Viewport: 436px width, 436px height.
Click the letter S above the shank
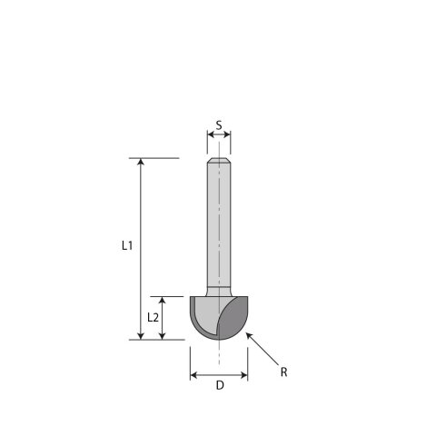[219, 124]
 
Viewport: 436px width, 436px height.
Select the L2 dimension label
[154, 317]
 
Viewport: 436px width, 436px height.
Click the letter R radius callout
[284, 372]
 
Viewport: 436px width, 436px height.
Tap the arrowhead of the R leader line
[248, 336]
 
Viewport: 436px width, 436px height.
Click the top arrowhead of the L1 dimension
[140, 163]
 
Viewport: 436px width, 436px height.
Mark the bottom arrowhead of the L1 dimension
[140, 335]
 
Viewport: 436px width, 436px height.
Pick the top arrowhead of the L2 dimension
[163, 301]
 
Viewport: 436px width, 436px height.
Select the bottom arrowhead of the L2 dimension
[163, 335]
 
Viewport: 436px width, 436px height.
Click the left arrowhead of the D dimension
[193, 375]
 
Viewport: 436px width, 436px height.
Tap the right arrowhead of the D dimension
[245, 375]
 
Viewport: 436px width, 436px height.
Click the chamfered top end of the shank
[219, 163]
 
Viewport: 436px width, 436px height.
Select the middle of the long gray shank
[219, 227]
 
